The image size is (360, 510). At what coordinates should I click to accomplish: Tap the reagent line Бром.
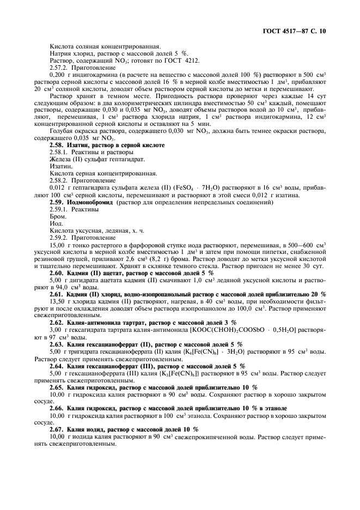57,216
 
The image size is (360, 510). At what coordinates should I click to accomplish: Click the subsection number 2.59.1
60,209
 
